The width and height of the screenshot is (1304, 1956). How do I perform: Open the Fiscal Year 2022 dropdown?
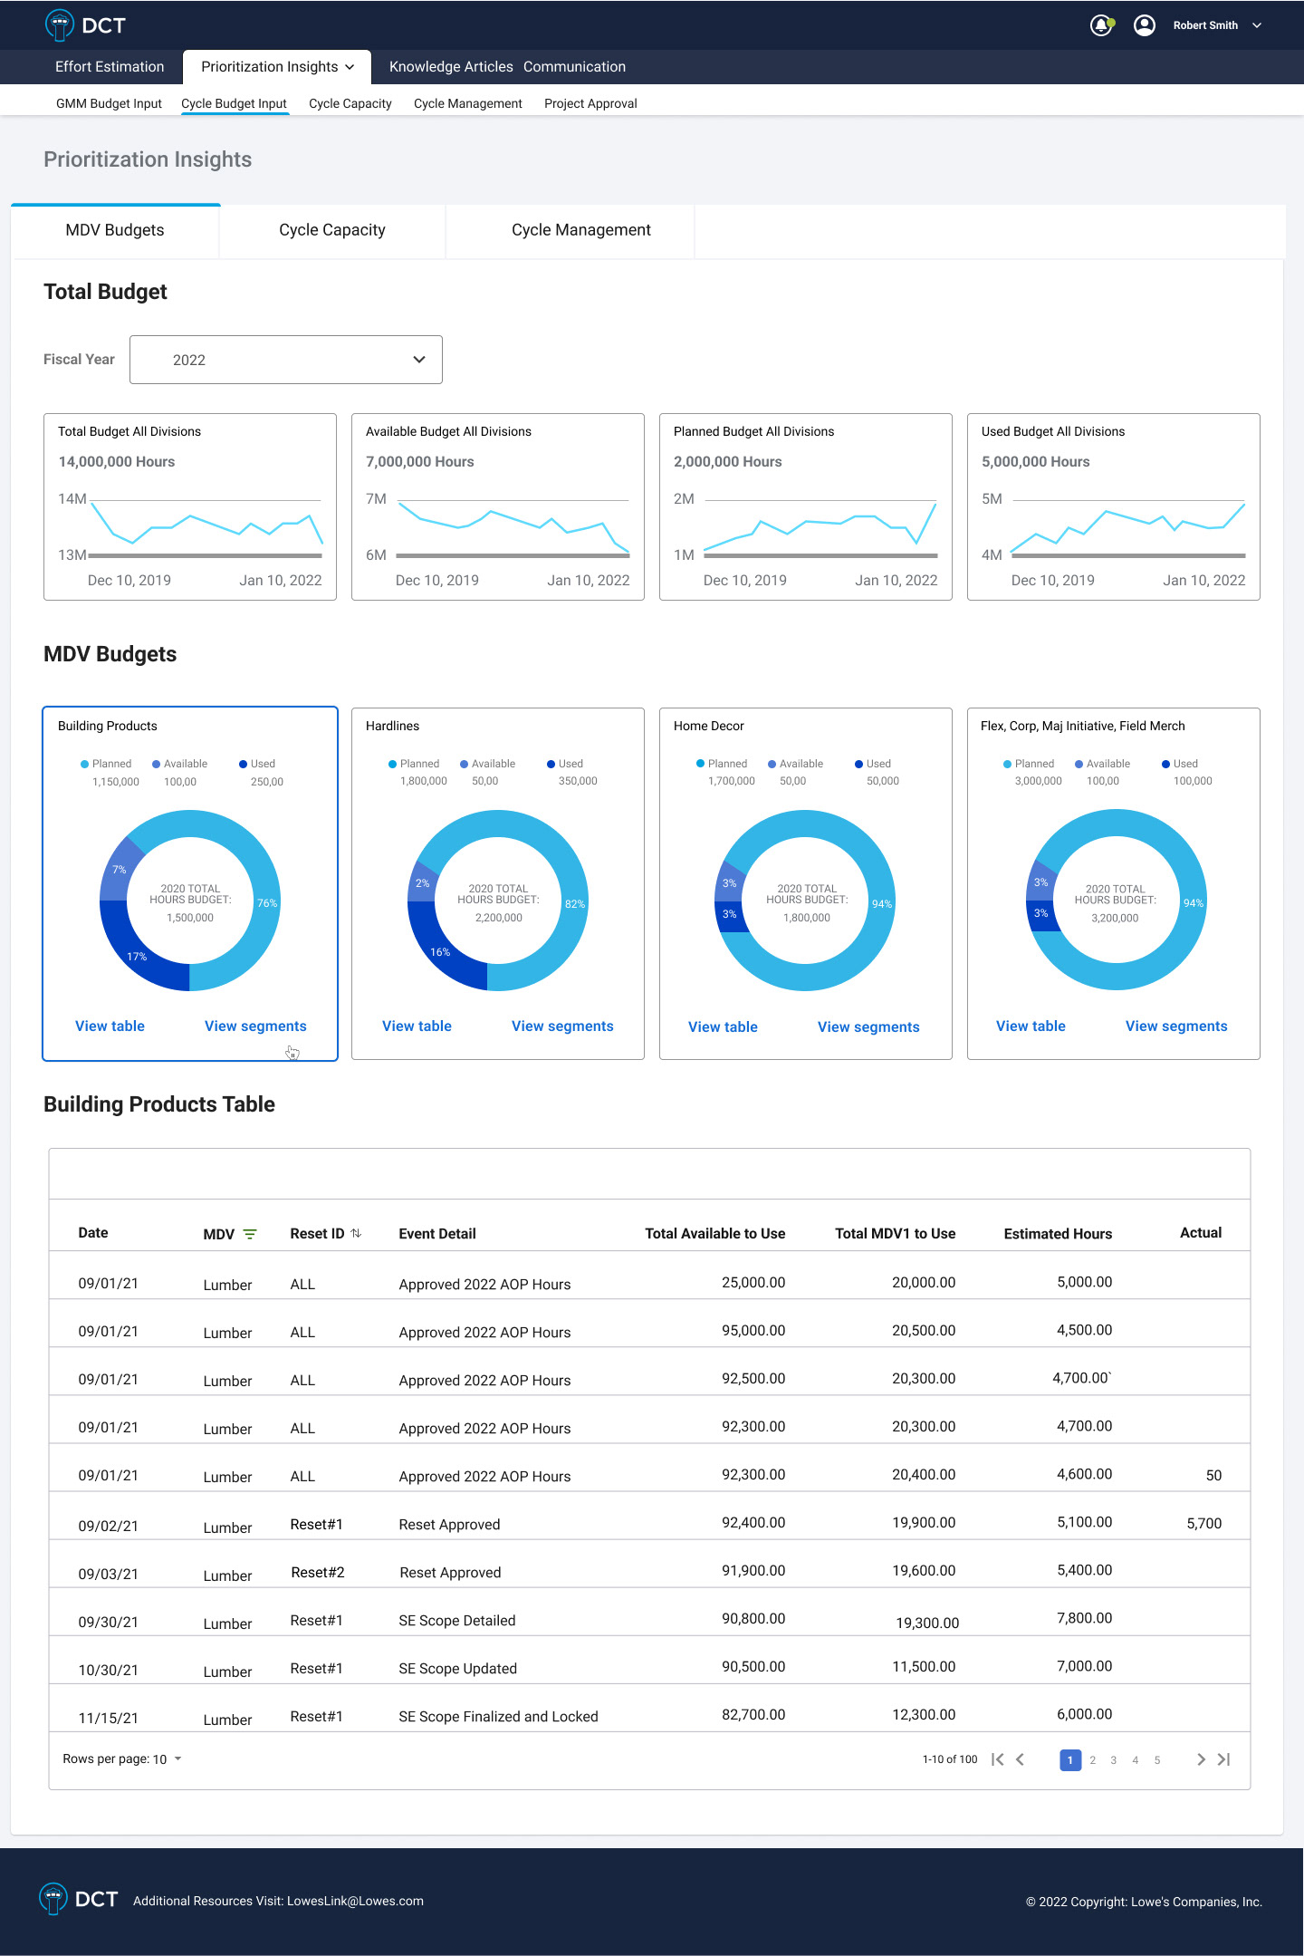click(285, 360)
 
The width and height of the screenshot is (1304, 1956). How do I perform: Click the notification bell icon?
click(1100, 25)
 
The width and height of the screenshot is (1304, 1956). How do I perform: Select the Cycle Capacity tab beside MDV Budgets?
click(331, 230)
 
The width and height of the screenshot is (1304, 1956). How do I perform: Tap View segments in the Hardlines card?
click(562, 1026)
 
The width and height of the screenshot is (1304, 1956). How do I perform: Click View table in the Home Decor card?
click(723, 1027)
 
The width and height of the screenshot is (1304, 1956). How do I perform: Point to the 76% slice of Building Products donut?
click(267, 903)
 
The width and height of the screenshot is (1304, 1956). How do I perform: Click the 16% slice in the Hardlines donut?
click(440, 952)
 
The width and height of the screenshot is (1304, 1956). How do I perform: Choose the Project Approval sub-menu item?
click(590, 103)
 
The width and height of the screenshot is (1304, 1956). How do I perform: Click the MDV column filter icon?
click(250, 1234)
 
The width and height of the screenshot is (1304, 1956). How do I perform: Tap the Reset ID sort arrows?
click(356, 1233)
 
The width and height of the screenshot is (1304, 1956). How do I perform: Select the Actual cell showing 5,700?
click(1203, 1524)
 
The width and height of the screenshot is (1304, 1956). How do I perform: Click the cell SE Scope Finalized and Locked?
click(498, 1717)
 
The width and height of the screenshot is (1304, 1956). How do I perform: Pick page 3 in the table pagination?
click(1114, 1760)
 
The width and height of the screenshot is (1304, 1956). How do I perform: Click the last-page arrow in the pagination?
click(1224, 1759)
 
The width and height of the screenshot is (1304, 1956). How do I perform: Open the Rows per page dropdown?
click(122, 1759)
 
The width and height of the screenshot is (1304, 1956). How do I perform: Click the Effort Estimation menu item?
click(110, 67)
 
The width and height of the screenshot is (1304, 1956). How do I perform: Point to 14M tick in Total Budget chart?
click(72, 499)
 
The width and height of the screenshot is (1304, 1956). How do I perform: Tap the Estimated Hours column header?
click(1058, 1234)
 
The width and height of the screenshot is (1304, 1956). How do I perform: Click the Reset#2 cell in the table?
click(317, 1573)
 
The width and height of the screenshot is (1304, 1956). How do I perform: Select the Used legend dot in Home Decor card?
click(858, 764)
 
